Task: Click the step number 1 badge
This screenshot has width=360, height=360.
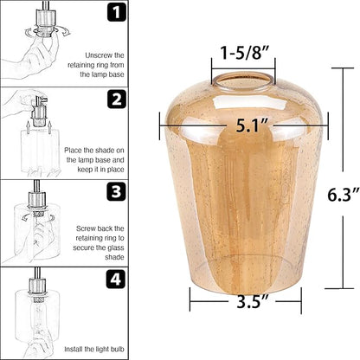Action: [117, 12]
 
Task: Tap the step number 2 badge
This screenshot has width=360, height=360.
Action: [117, 99]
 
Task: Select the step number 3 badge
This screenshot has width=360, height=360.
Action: [116, 191]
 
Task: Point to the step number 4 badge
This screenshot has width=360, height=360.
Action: [116, 279]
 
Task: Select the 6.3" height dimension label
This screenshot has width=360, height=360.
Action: [344, 194]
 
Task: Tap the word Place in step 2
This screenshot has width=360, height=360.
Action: [73, 151]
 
